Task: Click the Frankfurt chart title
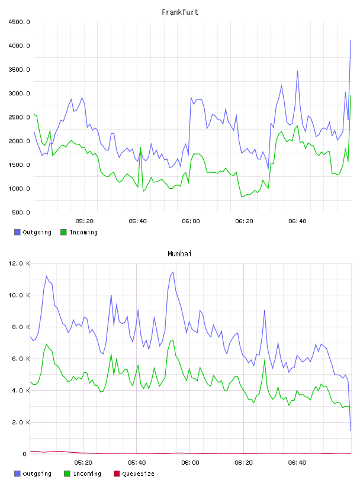coord(180,12)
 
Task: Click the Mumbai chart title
coord(179,254)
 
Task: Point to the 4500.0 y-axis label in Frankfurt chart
coord(20,22)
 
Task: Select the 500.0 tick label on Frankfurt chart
coord(21,212)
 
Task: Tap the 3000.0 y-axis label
coord(20,94)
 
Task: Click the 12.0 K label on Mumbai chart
coord(20,263)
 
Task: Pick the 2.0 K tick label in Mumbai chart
coord(21,422)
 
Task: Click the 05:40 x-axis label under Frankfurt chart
coord(137,221)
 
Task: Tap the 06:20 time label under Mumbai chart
coord(243,463)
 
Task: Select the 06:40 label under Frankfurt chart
coord(297,221)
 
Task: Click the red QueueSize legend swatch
coord(117,474)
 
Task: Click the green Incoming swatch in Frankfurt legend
coord(63,232)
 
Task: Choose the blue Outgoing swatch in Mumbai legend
coord(17,474)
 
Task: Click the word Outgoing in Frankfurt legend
coord(37,232)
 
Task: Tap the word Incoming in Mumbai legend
coord(87,474)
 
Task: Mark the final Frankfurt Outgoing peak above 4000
coord(351,40)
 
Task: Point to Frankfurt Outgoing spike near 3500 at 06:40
coord(297,71)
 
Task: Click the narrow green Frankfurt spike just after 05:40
coord(140,148)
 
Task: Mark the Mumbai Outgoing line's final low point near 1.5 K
coord(351,430)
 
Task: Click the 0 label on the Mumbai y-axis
coord(25,454)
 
